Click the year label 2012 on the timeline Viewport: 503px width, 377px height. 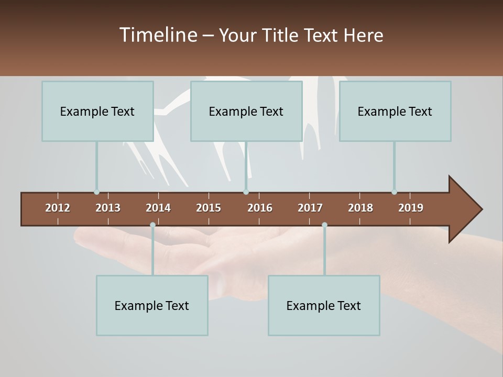pos(58,208)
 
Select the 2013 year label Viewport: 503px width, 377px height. pos(108,208)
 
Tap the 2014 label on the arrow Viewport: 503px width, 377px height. pos(158,208)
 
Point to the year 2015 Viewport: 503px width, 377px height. pos(209,208)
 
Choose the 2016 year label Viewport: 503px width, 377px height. pos(260,208)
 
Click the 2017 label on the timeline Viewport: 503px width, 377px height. pos(310,208)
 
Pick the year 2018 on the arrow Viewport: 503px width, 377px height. pos(360,208)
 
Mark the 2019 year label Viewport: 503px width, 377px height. pos(411,208)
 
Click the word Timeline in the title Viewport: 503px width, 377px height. pos(158,35)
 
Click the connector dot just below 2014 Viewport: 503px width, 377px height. pos(152,225)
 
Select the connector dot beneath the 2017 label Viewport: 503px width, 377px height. pos(324,225)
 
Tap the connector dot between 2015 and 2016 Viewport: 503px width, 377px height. pos(246,192)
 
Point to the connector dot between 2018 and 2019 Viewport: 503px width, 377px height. pos(394,192)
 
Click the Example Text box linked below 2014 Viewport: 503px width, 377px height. pos(152,305)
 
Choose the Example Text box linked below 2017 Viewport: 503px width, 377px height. pos(324,305)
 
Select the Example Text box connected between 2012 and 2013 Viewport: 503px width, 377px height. pos(97,111)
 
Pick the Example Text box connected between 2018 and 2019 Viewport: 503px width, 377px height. pos(395,111)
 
